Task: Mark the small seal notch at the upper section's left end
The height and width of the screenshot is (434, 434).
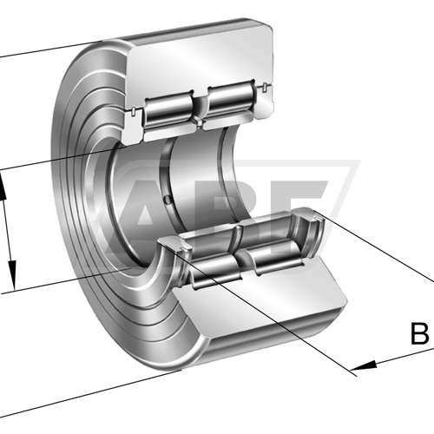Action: click(x=132, y=111)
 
